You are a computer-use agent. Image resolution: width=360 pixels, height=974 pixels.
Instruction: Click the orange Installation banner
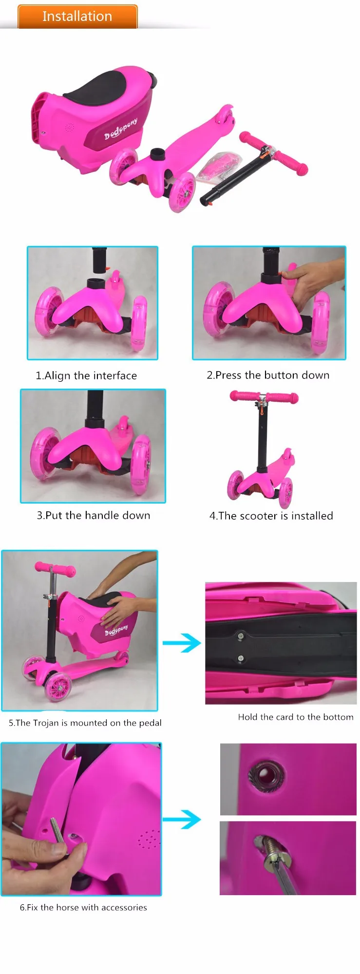point(77,17)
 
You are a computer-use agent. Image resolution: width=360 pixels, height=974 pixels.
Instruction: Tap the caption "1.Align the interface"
point(86,375)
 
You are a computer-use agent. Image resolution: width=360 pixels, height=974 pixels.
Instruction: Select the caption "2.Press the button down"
point(268,375)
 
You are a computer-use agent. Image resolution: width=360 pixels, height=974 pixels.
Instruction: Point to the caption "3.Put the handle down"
point(94,515)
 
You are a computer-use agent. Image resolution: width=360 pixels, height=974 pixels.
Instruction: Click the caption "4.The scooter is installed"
point(271,516)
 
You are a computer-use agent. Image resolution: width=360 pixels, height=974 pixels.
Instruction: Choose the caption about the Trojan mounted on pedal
point(85,723)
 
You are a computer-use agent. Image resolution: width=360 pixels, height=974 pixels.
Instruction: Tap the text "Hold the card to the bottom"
point(296,717)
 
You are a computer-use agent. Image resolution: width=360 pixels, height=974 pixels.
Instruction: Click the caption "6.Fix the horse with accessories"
point(83,907)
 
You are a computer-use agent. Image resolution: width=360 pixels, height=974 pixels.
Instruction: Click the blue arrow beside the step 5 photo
point(181,643)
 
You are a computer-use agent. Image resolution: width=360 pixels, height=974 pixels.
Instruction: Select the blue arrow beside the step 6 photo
point(181,819)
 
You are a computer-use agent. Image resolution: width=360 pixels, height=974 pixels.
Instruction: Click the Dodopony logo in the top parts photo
point(120,128)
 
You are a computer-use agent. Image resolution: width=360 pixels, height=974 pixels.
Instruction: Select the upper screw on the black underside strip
point(240,635)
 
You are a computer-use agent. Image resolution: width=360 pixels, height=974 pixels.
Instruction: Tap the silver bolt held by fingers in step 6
point(57,832)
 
